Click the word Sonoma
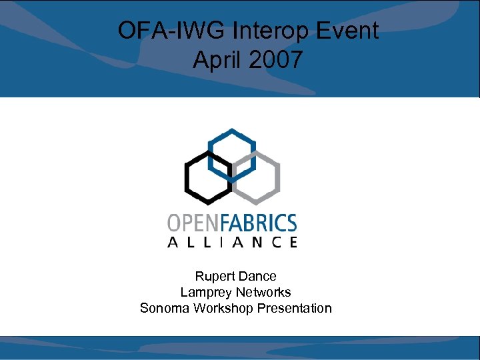click(x=163, y=308)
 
